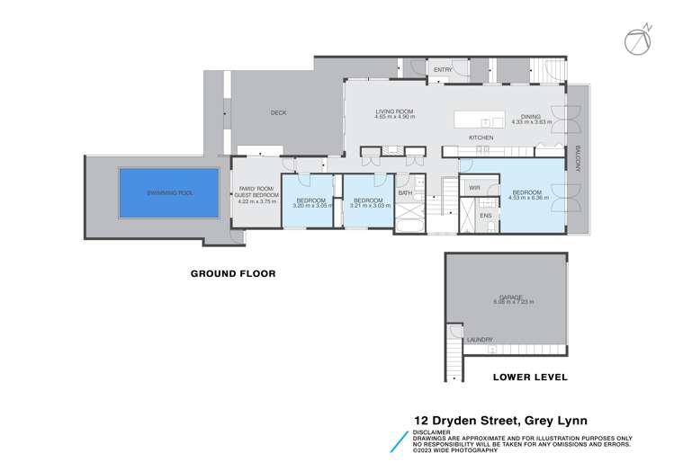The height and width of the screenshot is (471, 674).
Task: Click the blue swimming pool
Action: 169,192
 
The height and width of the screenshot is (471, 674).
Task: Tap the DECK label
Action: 278,113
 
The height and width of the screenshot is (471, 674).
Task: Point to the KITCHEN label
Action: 481,137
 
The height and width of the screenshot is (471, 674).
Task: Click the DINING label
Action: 531,116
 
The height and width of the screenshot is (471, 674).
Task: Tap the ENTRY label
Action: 443,69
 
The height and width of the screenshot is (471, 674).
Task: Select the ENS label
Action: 485,216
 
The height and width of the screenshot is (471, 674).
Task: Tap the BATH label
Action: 405,192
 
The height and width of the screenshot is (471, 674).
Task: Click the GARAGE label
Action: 509,297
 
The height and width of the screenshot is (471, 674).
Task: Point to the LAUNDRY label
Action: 480,339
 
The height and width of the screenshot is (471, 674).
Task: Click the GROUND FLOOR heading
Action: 232,273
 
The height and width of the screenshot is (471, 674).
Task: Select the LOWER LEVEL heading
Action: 530,378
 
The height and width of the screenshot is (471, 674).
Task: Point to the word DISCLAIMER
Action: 432,431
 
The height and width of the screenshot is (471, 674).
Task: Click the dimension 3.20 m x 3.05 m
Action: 312,206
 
